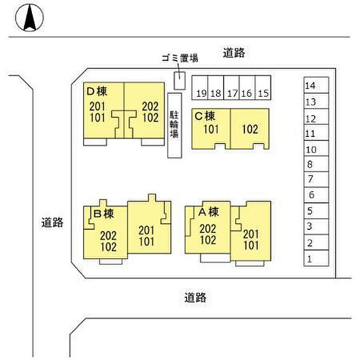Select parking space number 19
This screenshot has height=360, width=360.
point(201,87)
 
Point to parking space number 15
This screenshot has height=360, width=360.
point(264,87)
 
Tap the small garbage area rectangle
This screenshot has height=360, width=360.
point(178,81)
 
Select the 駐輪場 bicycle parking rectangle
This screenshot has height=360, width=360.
point(174,125)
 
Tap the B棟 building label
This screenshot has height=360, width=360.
point(103,213)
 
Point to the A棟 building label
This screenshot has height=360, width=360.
point(209,211)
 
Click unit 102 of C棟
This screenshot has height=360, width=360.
point(249,129)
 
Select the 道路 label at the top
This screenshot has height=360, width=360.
point(233,52)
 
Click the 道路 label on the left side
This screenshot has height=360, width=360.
point(52,223)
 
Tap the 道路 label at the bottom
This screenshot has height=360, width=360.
point(195,297)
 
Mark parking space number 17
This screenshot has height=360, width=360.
point(232,87)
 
